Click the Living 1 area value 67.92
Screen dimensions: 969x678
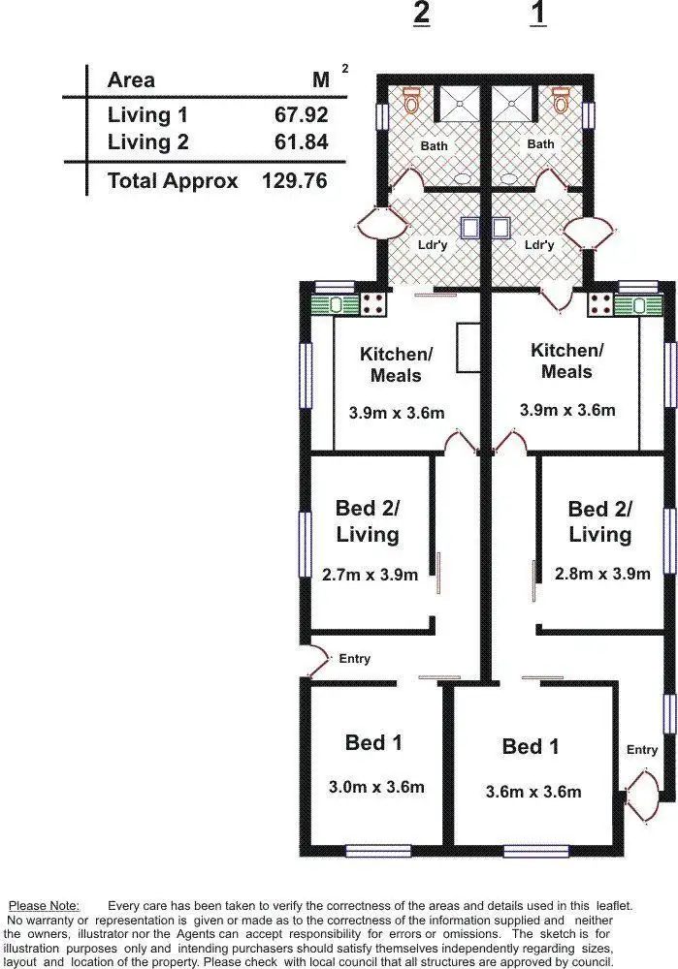coord(301,115)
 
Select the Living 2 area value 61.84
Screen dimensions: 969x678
coord(301,142)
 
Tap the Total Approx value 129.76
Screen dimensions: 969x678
coord(294,180)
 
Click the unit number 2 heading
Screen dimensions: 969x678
coord(421,15)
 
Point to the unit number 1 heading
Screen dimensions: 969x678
coord(538,15)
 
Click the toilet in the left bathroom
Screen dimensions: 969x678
coord(412,99)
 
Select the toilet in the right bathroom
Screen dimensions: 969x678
coord(561,99)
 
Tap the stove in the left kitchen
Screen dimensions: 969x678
coord(372,304)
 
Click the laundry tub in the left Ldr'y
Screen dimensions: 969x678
coord(470,227)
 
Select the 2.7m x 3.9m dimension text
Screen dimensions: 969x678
coord(370,575)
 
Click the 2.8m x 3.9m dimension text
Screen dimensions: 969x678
coord(600,573)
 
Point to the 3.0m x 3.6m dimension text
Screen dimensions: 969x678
coord(376,787)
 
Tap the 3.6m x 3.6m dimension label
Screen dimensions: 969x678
coord(533,792)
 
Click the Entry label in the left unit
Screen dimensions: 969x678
coord(354,659)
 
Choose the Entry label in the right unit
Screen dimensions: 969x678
coord(641,749)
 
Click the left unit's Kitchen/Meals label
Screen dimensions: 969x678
coord(396,364)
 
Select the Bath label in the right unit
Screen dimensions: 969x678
coord(540,144)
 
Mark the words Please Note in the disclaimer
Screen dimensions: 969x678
coord(44,905)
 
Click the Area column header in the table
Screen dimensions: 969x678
coord(131,80)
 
